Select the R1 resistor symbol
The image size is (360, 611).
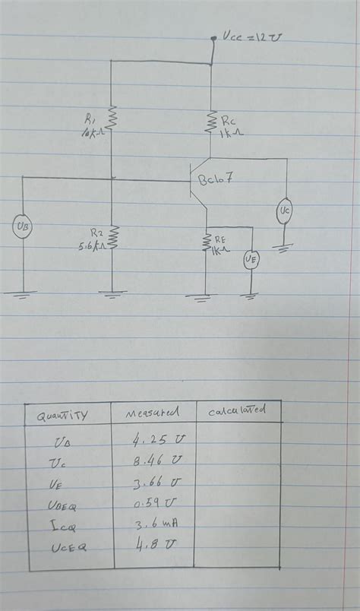(112, 118)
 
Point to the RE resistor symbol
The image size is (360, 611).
(206, 242)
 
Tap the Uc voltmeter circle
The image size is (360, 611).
(284, 209)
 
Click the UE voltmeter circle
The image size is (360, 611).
(251, 261)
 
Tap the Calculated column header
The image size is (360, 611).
(237, 410)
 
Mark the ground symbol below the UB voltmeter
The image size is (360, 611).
(23, 293)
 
